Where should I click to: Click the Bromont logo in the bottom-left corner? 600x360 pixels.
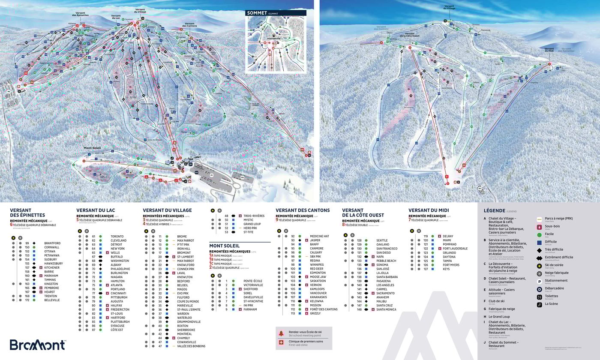(38, 345)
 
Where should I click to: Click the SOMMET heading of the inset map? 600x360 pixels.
(256, 13)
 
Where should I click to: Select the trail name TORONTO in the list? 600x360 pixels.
(117, 237)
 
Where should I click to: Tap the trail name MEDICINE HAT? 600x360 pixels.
(319, 236)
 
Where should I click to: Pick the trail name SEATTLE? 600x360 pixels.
(382, 240)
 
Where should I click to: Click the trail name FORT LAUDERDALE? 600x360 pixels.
(455, 249)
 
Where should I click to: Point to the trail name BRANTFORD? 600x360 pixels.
(52, 243)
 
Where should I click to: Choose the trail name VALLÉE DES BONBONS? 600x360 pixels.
(192, 346)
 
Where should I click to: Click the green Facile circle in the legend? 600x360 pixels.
(540, 234)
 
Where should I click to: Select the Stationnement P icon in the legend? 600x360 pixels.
(540, 281)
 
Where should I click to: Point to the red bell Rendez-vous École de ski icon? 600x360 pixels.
(281, 333)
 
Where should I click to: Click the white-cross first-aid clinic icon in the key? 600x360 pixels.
(281, 343)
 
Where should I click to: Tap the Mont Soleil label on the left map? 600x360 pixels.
(92, 148)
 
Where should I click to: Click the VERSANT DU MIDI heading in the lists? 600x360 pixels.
(429, 210)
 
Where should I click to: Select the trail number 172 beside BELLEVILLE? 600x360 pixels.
(27, 300)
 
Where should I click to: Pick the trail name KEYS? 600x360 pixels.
(446, 269)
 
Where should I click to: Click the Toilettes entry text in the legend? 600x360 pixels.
(552, 296)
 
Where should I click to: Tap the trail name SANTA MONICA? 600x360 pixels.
(386, 309)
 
